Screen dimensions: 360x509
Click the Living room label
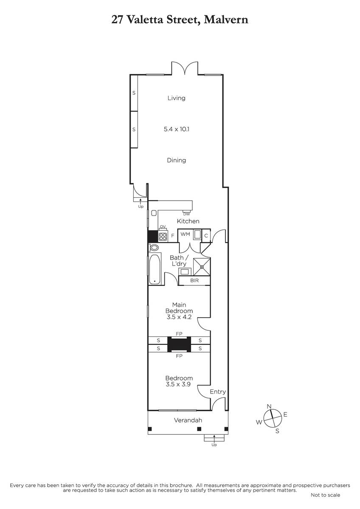pyautogui.click(x=176, y=98)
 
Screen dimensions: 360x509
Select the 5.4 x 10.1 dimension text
pyautogui.click(x=177, y=129)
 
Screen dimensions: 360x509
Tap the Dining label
pyautogui.click(x=176, y=160)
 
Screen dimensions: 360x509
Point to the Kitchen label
pyautogui.click(x=188, y=221)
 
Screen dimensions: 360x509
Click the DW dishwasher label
pyautogui.click(x=186, y=214)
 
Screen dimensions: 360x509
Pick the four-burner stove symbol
pyautogui.click(x=163, y=237)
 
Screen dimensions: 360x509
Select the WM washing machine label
pyautogui.click(x=185, y=234)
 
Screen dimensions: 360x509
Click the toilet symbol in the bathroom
pyautogui.click(x=154, y=247)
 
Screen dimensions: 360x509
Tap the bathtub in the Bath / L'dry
pyautogui.click(x=155, y=269)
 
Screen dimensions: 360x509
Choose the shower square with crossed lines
pyautogui.click(x=202, y=266)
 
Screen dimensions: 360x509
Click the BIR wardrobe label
pyautogui.click(x=194, y=281)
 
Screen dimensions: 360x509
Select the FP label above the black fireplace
pyautogui.click(x=179, y=334)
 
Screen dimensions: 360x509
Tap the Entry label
pyautogui.click(x=218, y=392)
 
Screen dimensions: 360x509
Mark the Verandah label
pyautogui.click(x=188, y=420)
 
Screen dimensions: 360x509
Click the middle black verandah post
pyautogui.click(x=199, y=429)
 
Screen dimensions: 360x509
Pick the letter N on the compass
pyautogui.click(x=269, y=406)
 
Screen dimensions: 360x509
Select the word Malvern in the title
pyautogui.click(x=226, y=20)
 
